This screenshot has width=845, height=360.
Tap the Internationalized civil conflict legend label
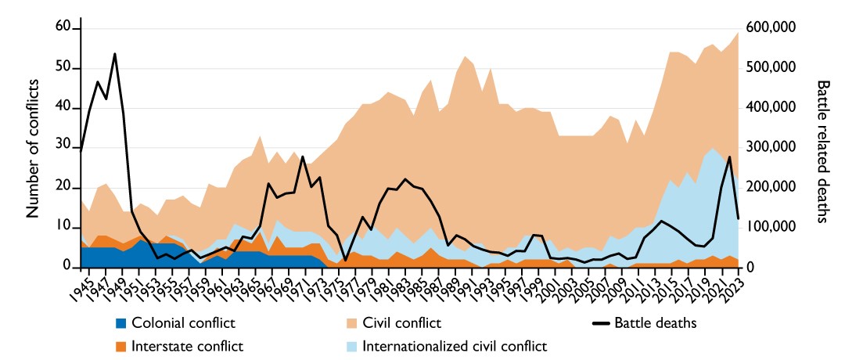(x=455, y=345)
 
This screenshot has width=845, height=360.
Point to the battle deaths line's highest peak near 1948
(x=115, y=54)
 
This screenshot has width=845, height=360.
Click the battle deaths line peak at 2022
(x=729, y=157)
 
